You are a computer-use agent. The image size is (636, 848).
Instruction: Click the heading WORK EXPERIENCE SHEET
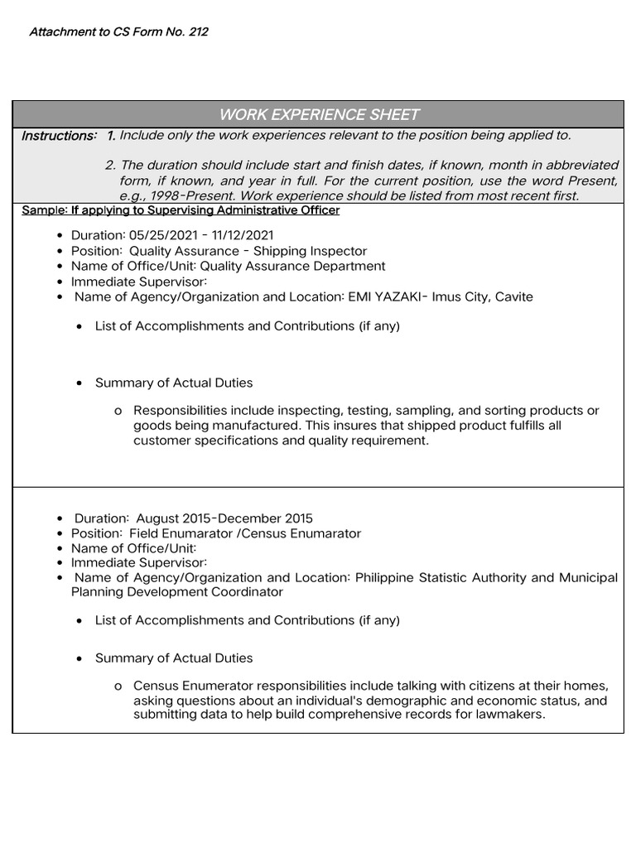[319, 114]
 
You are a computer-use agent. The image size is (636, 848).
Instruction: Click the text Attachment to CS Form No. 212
[118, 32]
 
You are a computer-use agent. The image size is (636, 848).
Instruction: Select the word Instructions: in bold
[59, 136]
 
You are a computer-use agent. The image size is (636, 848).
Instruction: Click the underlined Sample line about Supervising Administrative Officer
[181, 210]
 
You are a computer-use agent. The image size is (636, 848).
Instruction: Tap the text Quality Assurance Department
[292, 266]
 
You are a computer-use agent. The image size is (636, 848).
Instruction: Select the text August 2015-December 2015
[225, 518]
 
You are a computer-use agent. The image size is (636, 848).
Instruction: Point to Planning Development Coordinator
[177, 592]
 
